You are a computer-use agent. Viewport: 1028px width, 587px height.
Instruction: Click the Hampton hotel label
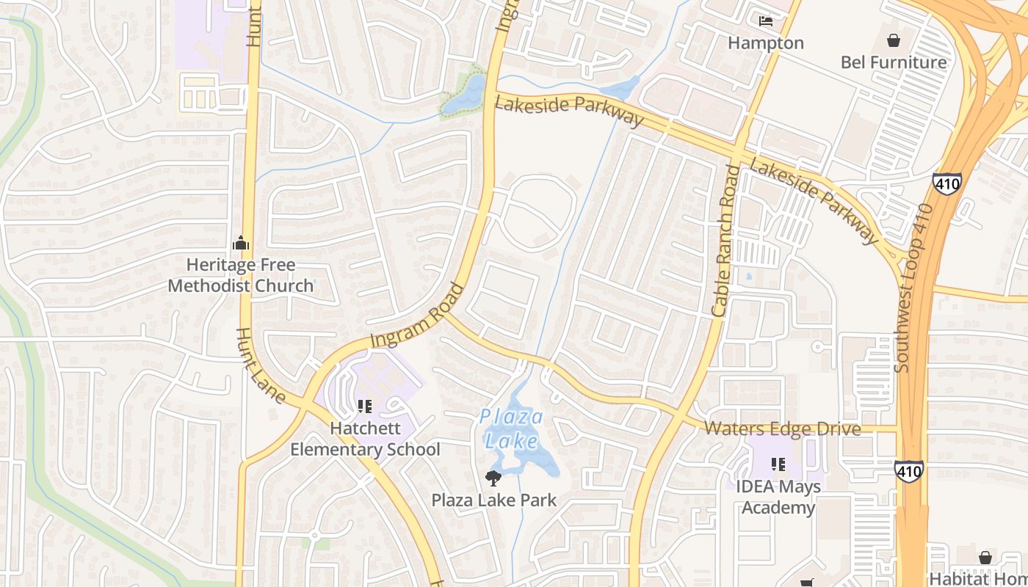click(766, 43)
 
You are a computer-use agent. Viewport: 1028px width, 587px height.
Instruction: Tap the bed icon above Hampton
click(766, 21)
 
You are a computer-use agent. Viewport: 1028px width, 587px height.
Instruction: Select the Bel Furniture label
click(894, 62)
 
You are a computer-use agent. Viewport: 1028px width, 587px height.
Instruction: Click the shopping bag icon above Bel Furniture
click(894, 40)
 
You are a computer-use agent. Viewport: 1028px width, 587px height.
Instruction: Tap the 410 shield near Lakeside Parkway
click(947, 183)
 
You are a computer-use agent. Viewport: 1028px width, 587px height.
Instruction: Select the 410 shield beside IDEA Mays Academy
click(909, 471)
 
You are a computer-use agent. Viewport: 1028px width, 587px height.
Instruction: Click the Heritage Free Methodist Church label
click(241, 275)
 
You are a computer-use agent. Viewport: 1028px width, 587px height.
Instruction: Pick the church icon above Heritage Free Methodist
click(241, 243)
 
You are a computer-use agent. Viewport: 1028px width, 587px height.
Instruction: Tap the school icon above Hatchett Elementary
click(365, 406)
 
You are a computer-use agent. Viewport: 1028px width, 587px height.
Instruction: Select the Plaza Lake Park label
click(493, 500)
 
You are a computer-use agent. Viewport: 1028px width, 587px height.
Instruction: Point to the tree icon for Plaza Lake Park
click(493, 478)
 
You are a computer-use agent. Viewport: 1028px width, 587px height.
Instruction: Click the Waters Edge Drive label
click(783, 429)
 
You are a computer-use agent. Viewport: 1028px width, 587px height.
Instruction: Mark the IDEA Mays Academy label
click(778, 497)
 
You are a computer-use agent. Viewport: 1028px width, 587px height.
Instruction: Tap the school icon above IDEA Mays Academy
click(778, 464)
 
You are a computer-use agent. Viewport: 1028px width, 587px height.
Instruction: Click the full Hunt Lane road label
click(260, 366)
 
